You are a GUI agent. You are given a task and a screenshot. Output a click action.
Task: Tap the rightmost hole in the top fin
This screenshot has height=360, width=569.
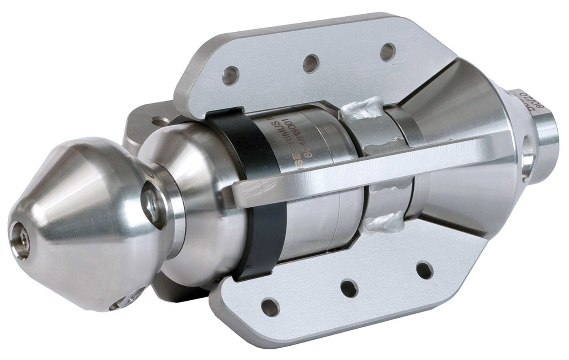click(387, 52)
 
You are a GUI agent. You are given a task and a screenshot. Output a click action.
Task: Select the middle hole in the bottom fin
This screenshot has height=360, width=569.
click(350, 288)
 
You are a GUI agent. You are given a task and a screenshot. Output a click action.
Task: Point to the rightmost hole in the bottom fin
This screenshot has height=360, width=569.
click(425, 270)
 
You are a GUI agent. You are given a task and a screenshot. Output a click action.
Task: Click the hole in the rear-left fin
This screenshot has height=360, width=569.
click(160, 121)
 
